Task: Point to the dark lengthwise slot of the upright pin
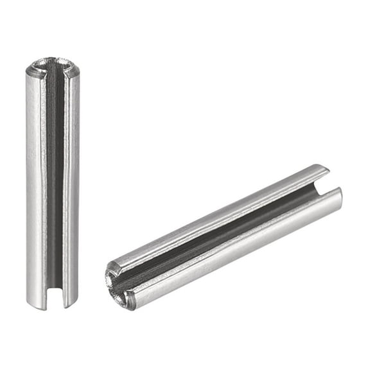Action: click(55, 180)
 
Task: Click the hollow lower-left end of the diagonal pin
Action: click(118, 283)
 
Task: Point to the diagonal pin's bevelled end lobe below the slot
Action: click(128, 299)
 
